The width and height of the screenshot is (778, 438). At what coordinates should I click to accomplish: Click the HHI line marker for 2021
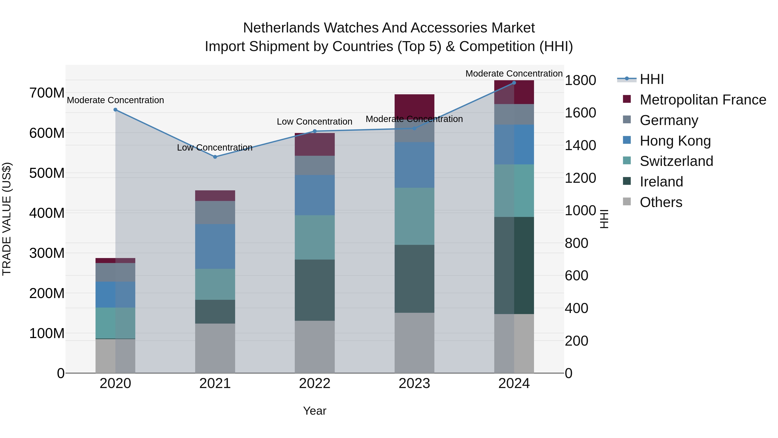point(215,157)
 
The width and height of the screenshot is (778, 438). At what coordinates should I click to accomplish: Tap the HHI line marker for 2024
point(514,83)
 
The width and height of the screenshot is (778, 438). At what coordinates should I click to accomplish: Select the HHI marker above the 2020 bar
point(115,110)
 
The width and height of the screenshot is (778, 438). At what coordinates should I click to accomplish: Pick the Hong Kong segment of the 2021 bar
point(215,246)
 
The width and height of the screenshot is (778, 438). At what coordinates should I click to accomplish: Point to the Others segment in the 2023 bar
point(414,343)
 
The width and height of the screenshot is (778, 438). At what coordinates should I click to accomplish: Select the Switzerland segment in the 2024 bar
point(514,190)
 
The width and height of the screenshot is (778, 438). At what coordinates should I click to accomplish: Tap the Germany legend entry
point(669,120)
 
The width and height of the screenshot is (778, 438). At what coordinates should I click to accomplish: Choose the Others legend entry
point(661,202)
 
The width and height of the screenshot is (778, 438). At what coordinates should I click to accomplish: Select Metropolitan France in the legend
point(703,100)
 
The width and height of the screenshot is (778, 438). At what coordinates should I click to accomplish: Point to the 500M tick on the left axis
point(47,173)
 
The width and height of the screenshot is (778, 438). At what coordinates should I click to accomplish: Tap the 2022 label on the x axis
point(315,383)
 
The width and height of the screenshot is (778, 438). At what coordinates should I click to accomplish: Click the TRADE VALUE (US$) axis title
point(7,219)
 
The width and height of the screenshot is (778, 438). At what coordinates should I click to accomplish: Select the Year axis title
point(315,411)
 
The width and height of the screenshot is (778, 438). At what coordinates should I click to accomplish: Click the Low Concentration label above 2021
point(215,148)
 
